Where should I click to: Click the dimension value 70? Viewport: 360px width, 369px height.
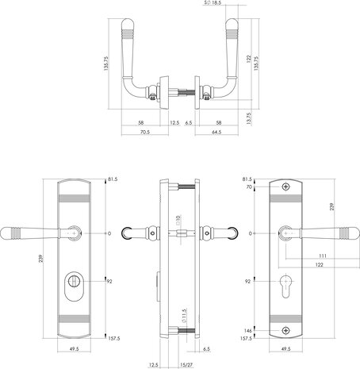(x=248, y=188)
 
